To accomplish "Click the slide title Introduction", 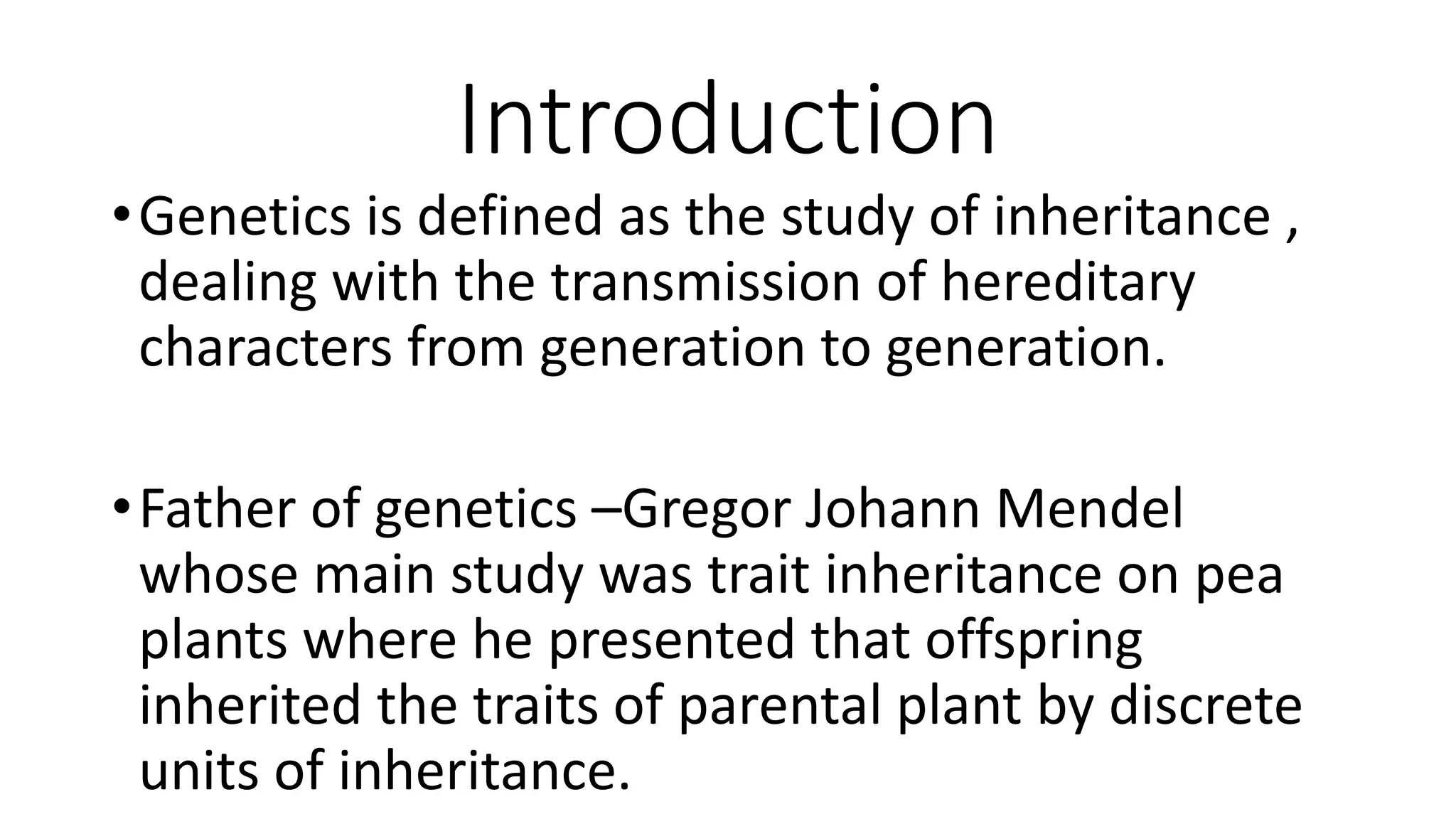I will click(x=727, y=120).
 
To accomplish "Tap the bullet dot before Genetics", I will click(x=120, y=214).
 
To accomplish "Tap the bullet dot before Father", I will click(x=120, y=508).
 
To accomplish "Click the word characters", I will click(x=265, y=348).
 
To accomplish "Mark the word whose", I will click(x=219, y=575).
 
